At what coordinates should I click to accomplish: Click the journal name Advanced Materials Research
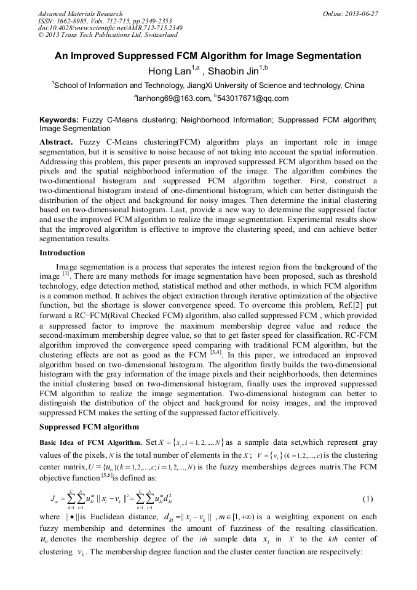[x=80, y=14]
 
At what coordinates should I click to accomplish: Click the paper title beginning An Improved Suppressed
[x=208, y=56]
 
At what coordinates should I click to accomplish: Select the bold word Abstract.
[x=57, y=142]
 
